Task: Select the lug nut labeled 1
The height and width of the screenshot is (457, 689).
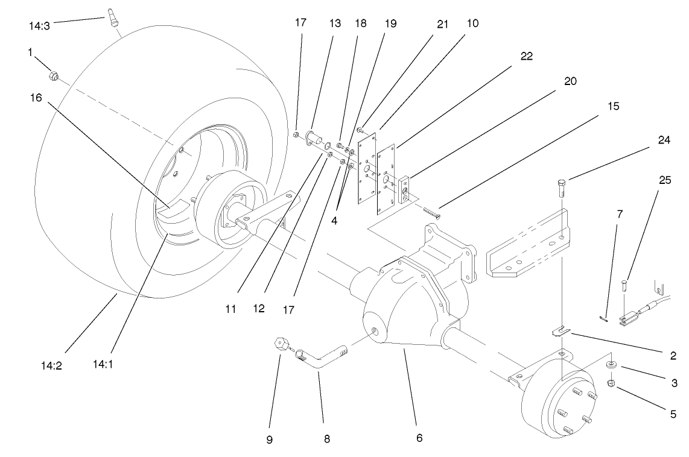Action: (52, 77)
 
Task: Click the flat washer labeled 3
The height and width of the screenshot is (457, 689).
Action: (612, 365)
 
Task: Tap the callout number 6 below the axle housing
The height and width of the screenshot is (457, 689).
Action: (418, 438)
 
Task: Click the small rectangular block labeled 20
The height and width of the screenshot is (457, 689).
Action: (404, 188)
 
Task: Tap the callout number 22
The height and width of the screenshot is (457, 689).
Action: (527, 55)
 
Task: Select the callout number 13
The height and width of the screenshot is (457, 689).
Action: (335, 24)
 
